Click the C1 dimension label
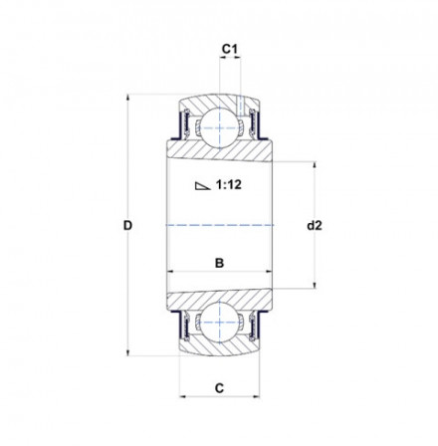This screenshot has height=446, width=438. click(230, 50)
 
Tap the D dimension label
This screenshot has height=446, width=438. click(127, 226)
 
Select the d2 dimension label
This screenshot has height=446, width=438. click(315, 226)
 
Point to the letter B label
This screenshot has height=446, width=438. click(219, 263)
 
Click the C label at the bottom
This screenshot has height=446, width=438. click(219, 388)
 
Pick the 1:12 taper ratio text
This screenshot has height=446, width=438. click(229, 184)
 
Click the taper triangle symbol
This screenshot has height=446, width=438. click(202, 186)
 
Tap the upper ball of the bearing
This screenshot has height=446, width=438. click(219, 128)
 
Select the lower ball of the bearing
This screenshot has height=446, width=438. click(219, 322)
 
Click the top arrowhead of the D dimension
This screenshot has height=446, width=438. click(127, 98)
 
